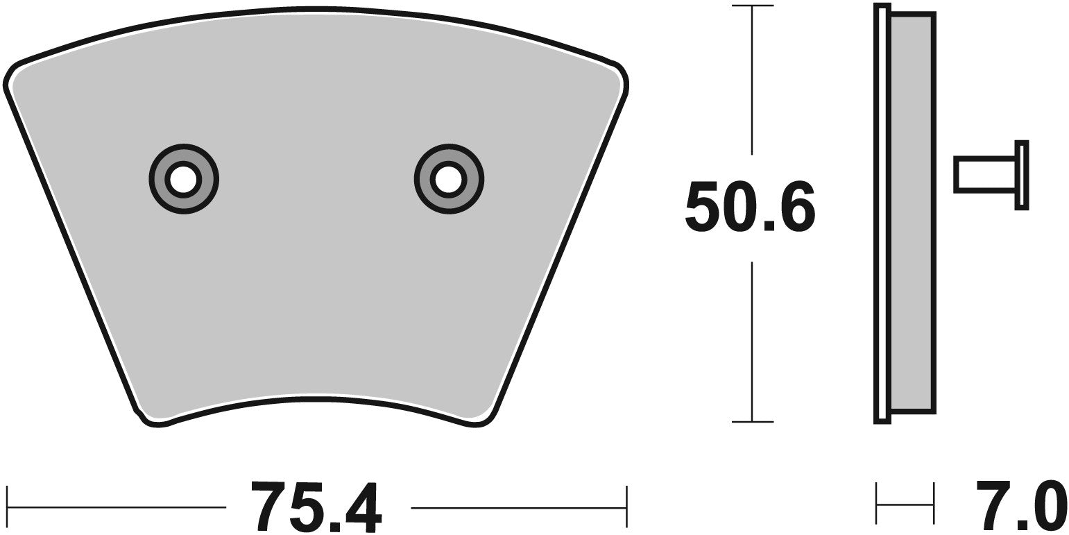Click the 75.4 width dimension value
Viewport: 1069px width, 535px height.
[318, 507]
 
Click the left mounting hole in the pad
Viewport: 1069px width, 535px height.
[183, 179]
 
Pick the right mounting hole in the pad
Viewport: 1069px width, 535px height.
[448, 179]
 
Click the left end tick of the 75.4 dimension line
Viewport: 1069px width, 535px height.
[7, 507]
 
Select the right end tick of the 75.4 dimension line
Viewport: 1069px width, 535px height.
[626, 507]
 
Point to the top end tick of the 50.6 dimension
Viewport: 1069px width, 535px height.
[752, 6]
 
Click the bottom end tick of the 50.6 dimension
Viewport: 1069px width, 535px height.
[752, 421]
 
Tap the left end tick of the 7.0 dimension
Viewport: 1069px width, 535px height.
[877, 504]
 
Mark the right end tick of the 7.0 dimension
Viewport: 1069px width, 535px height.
[933, 504]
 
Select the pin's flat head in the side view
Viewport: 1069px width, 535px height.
[1021, 175]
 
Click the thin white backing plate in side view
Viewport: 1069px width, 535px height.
[882, 208]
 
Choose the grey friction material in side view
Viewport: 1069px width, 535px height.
[912, 208]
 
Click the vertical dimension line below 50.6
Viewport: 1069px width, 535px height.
[752, 340]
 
